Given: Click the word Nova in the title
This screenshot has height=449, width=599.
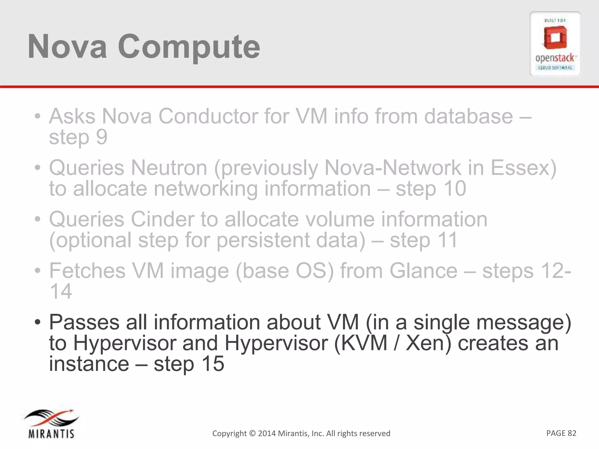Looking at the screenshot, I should coord(67,47).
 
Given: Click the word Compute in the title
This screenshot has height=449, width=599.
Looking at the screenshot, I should coord(189,47).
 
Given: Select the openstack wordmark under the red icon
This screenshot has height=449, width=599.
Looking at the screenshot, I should coord(555,58).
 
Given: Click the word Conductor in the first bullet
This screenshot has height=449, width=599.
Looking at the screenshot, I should coord(208,116).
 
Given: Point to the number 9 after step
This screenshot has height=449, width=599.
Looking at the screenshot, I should coord(102,137).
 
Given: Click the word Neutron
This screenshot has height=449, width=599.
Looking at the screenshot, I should coord(169,168).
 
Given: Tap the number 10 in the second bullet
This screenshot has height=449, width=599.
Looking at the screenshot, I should coord(454,189).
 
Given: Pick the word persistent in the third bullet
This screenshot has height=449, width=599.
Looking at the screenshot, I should coord(263,240).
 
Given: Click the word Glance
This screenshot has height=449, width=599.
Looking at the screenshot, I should coord(423,271).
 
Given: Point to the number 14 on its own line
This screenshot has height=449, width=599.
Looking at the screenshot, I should coord(61,291).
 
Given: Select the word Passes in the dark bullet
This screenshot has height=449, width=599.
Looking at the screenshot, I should coord(84,322).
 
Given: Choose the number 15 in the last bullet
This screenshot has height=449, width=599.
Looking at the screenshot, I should coord(213,364).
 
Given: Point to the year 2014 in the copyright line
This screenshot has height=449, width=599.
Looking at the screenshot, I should coord(266,433).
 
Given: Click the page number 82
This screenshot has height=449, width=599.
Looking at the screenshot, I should coord(572,433).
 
